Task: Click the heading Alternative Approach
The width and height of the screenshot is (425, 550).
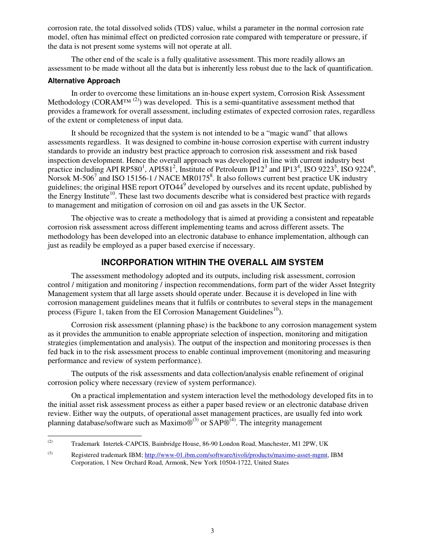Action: [x=84, y=81]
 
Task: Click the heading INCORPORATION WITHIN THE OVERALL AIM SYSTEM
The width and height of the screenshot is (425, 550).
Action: [x=212, y=262]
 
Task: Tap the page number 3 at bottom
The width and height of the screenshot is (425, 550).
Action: [x=212, y=531]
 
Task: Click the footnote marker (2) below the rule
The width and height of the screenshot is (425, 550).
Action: [x=51, y=442]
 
